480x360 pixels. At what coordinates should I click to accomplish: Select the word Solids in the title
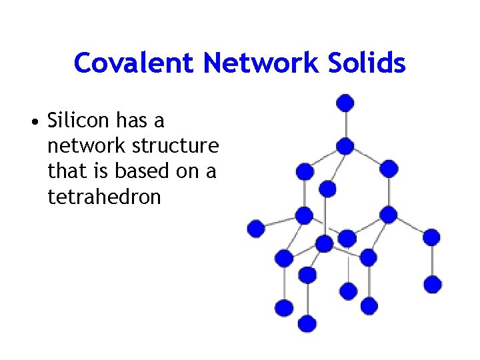click(371, 63)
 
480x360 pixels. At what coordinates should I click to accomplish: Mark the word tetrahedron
click(105, 197)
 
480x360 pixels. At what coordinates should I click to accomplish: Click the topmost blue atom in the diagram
click(345, 103)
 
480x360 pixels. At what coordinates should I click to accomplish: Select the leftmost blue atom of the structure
click(256, 229)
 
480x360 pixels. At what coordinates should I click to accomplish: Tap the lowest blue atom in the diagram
click(307, 323)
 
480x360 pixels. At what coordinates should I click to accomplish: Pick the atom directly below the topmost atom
click(345, 145)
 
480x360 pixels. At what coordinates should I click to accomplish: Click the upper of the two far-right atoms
click(432, 237)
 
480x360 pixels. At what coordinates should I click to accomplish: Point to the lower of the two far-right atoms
click(433, 284)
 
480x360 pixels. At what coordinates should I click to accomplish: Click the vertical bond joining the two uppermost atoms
click(345, 124)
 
